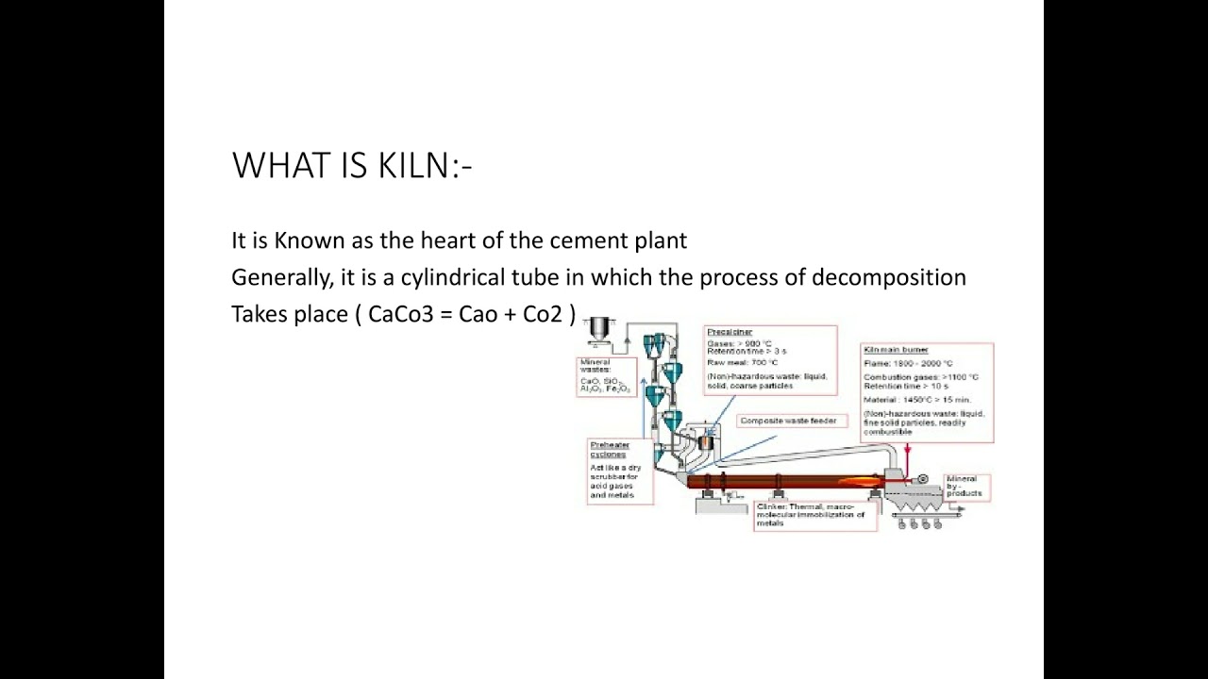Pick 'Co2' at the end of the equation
click(543, 314)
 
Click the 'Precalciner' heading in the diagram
click(729, 332)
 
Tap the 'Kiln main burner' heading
click(896, 350)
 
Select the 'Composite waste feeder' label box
click(787, 421)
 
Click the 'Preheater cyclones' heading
click(609, 449)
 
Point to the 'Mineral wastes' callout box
click(605, 375)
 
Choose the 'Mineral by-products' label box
click(965, 487)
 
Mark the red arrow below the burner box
click(907, 457)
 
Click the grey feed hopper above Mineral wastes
click(597, 330)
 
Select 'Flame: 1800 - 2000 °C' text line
click(908, 363)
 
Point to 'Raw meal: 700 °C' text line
click(743, 362)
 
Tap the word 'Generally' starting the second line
click(277, 278)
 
